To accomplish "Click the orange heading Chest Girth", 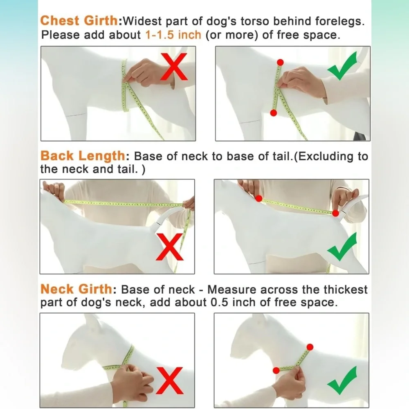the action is click(79, 20).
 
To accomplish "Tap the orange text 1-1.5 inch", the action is click(173, 35).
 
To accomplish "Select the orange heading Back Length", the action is click(83, 156).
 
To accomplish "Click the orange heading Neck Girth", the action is click(76, 289).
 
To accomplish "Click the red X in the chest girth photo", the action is click(174, 67).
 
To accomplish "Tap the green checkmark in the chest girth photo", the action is click(342, 66).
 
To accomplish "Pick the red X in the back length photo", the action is click(170, 247).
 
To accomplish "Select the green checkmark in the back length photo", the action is click(342, 247).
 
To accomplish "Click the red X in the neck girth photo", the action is click(170, 380).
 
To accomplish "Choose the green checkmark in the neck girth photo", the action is click(342, 380).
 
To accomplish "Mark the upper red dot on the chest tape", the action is click(280, 62).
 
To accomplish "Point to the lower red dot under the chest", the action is click(273, 113).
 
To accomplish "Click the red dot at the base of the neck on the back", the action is click(259, 198).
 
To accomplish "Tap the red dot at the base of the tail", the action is click(335, 213).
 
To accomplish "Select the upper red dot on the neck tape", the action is click(310, 347).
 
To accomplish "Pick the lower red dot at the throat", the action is click(276, 371).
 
